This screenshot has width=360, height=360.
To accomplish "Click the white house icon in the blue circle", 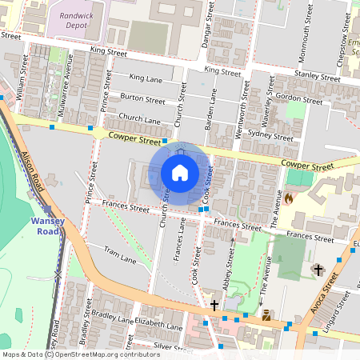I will (180, 172).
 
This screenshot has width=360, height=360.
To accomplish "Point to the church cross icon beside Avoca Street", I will (318, 270).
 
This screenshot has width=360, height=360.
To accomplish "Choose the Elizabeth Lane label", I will (158, 326).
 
